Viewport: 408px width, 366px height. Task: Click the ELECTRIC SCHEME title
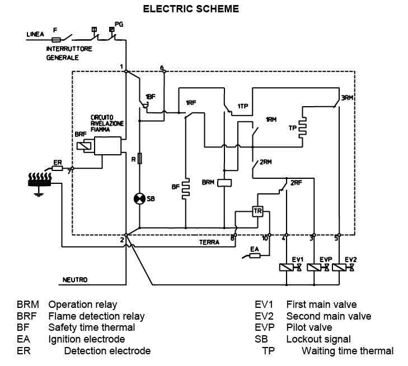click(191, 8)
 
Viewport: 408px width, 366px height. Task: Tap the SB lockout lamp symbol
click(139, 198)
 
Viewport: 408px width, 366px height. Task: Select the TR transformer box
click(257, 211)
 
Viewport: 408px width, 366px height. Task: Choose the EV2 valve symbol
click(344, 268)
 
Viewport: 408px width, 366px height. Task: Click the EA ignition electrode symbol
click(255, 256)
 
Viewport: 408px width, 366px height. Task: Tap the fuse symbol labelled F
click(56, 40)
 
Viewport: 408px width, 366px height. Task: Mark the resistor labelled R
click(140, 159)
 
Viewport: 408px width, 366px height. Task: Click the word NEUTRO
click(75, 280)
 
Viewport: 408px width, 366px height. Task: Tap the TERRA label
click(209, 243)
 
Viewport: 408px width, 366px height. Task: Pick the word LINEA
click(35, 35)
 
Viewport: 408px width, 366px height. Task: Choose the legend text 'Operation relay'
click(83, 305)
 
